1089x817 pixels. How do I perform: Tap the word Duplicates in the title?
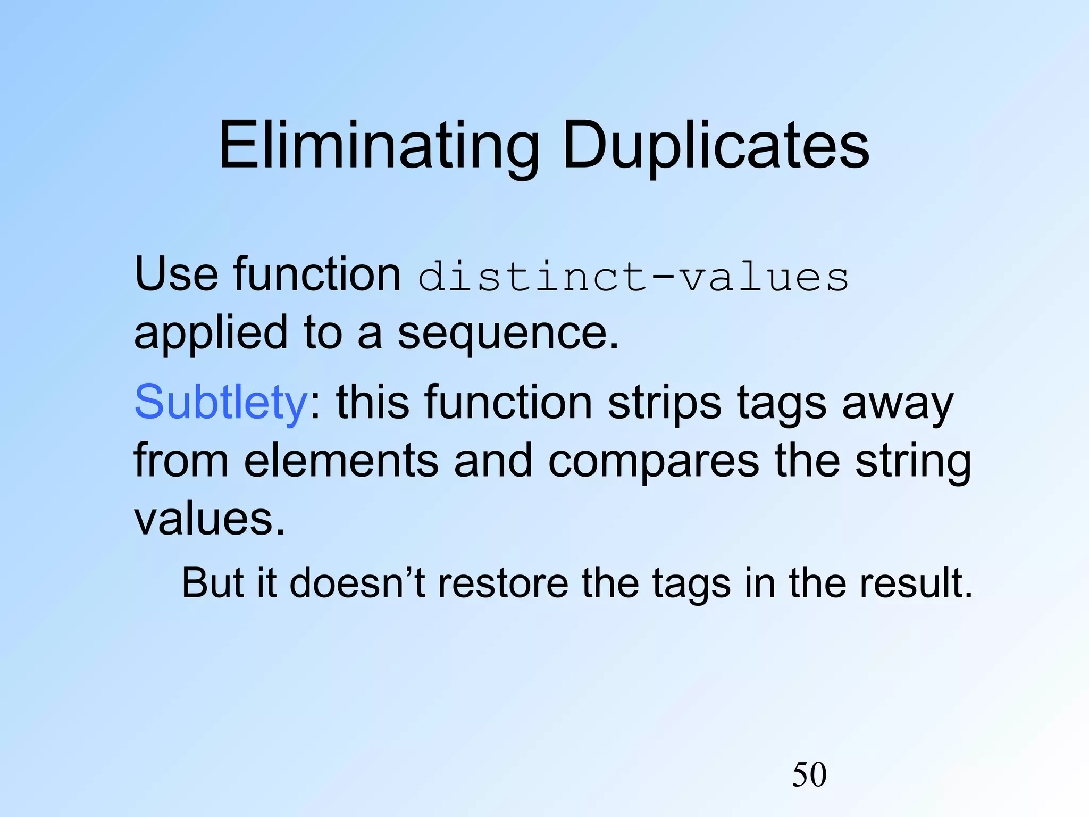pos(715,145)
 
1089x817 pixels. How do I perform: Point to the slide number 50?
pos(809,774)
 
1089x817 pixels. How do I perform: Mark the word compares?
pos(654,461)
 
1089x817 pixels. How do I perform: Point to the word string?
pos(913,461)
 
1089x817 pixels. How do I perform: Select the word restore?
pos(502,583)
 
